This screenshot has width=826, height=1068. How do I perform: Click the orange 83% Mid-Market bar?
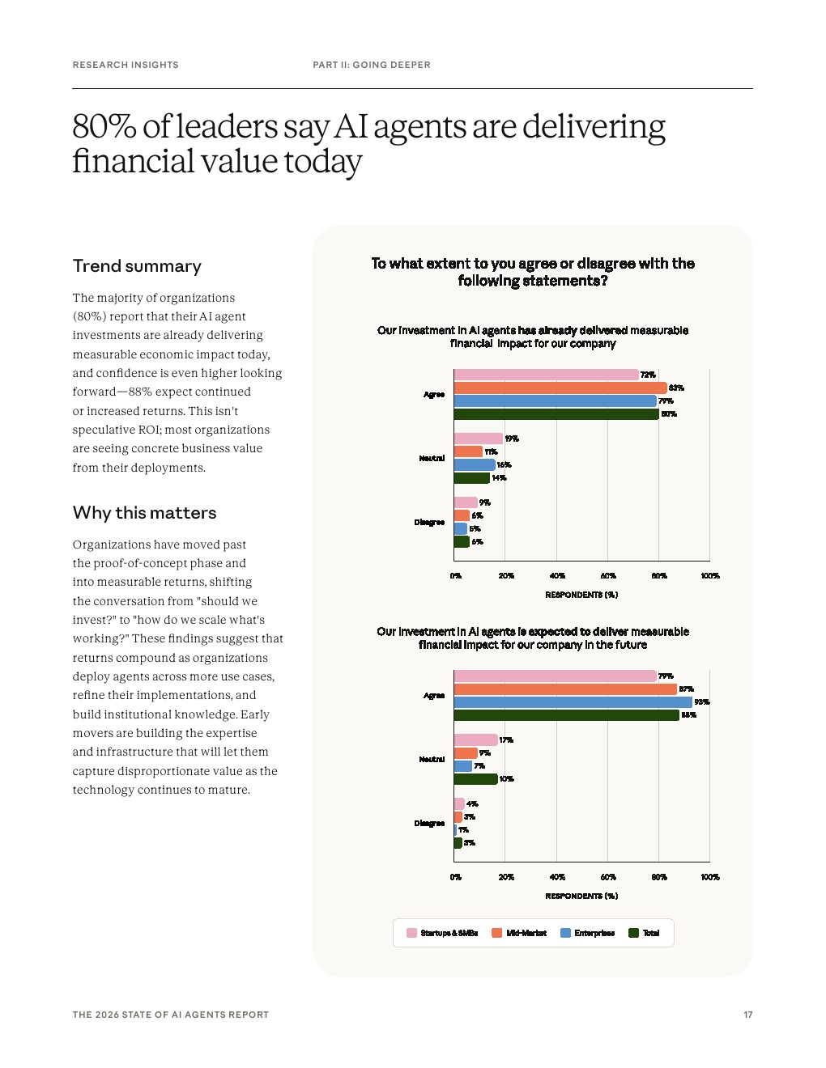tap(560, 388)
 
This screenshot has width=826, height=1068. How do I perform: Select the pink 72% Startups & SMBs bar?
tap(546, 375)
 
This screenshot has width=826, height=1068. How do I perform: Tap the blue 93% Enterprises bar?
tap(573, 702)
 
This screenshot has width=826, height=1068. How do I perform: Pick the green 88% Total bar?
tap(566, 715)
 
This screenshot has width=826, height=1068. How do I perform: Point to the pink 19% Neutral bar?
tap(478, 439)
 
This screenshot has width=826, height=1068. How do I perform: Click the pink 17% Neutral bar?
tap(475, 740)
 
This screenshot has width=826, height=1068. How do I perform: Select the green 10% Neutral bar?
tap(475, 779)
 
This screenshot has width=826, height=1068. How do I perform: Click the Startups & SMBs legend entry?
tap(442, 933)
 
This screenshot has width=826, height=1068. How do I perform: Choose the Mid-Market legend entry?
tap(519, 933)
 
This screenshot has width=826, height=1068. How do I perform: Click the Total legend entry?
tap(645, 933)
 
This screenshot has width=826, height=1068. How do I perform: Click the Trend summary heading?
tap(137, 266)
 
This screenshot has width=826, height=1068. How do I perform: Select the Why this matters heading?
tap(144, 513)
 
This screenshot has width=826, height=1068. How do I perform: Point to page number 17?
tap(748, 1015)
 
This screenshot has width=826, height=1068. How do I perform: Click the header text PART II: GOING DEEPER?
tap(372, 65)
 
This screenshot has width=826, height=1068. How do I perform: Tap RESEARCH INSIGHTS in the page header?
tap(126, 65)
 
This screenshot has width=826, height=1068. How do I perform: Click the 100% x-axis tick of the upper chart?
tap(710, 576)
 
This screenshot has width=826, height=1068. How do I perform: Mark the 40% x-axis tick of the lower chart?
tap(557, 877)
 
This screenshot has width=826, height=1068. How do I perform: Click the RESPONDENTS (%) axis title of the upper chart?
tap(581, 595)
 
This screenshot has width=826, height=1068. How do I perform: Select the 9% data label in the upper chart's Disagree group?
tap(484, 502)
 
